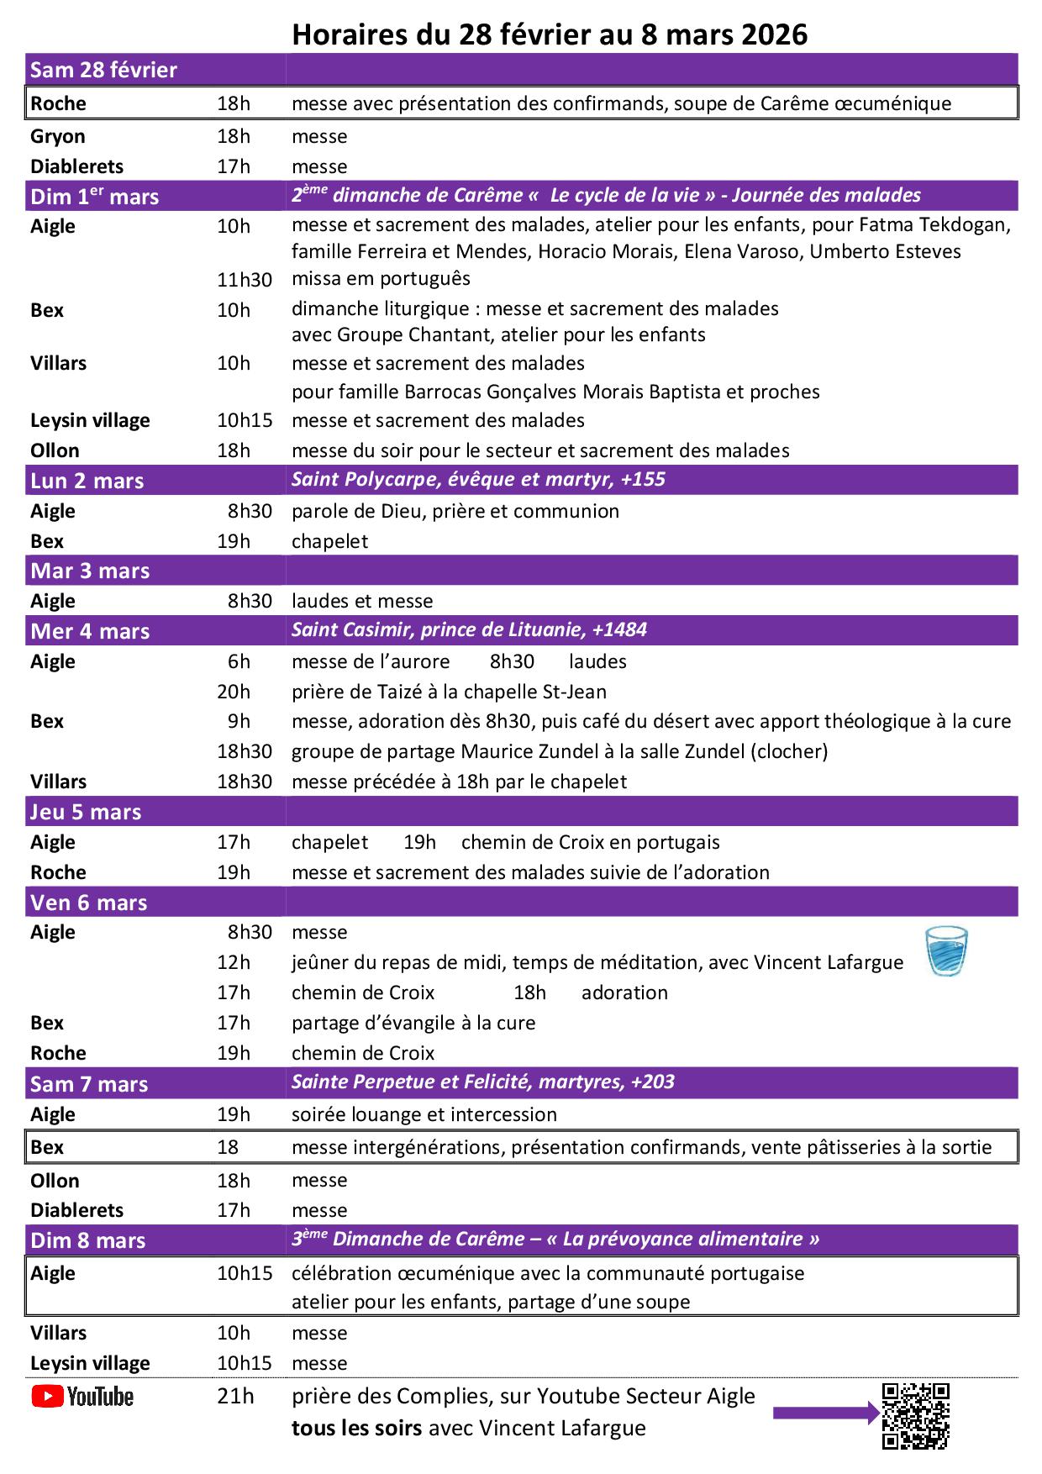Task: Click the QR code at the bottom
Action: tap(915, 1416)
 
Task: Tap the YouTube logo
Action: tap(82, 1397)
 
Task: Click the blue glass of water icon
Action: tap(946, 951)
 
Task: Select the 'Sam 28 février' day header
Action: tap(103, 70)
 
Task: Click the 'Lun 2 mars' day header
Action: tap(87, 481)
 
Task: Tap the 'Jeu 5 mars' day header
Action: tap(86, 812)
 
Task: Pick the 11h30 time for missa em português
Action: tap(245, 280)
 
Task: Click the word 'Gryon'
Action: tap(58, 136)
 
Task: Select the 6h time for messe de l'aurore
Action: tap(239, 661)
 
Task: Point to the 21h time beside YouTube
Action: tap(235, 1396)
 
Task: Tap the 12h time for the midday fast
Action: tap(234, 962)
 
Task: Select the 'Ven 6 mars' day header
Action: tap(89, 903)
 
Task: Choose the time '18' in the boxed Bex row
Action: tap(228, 1147)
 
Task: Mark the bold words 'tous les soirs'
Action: tap(356, 1428)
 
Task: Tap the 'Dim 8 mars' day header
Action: tap(88, 1240)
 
